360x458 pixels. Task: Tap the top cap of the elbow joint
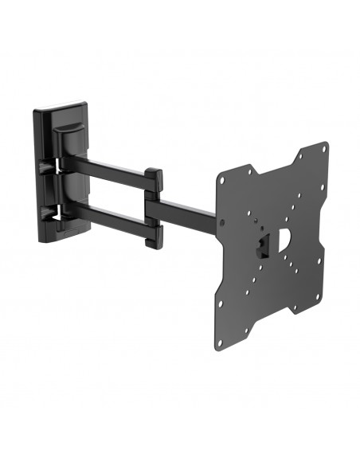(x=155, y=176)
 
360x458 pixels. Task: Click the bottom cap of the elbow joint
(x=155, y=236)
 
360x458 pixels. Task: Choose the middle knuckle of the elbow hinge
(x=155, y=206)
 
